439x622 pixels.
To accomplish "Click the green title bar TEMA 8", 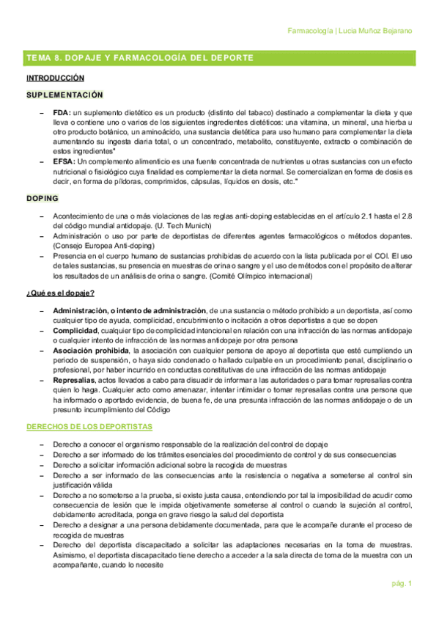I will click(139, 57).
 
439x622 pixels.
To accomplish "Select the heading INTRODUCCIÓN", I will click(55, 78).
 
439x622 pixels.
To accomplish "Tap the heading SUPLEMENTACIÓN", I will click(64, 95).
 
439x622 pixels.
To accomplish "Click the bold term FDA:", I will click(62, 112).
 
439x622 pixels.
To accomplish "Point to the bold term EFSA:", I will click(64, 161).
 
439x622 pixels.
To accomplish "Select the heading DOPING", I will click(43, 199).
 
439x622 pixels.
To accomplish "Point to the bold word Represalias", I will click(74, 381).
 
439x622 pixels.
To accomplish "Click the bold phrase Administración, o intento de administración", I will click(130, 311).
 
